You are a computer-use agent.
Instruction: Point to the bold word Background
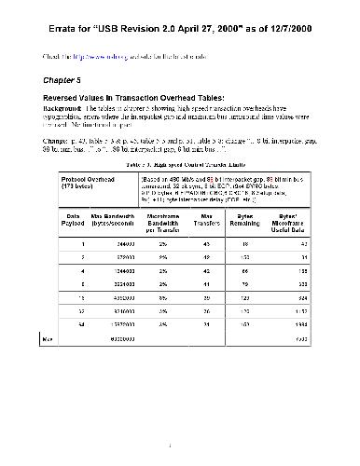62,108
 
